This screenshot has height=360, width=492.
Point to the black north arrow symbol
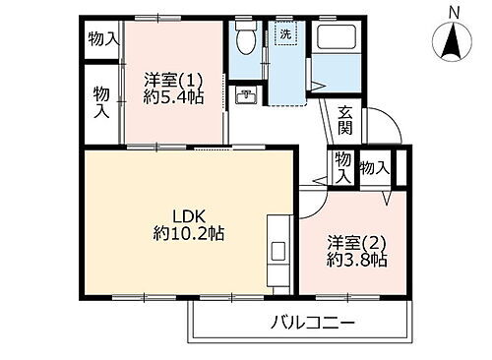coord(454,42)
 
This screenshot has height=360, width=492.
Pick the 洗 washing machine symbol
coord(284,35)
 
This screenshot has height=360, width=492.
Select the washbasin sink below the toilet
coord(247,96)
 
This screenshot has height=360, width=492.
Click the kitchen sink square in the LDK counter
coord(277,249)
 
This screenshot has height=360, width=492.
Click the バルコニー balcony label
coord(310,323)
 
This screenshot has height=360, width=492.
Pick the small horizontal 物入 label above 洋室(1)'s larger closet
coord(102,38)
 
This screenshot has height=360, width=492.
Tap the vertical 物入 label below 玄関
coord(340,167)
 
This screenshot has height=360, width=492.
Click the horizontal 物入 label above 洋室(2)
coord(374,167)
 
